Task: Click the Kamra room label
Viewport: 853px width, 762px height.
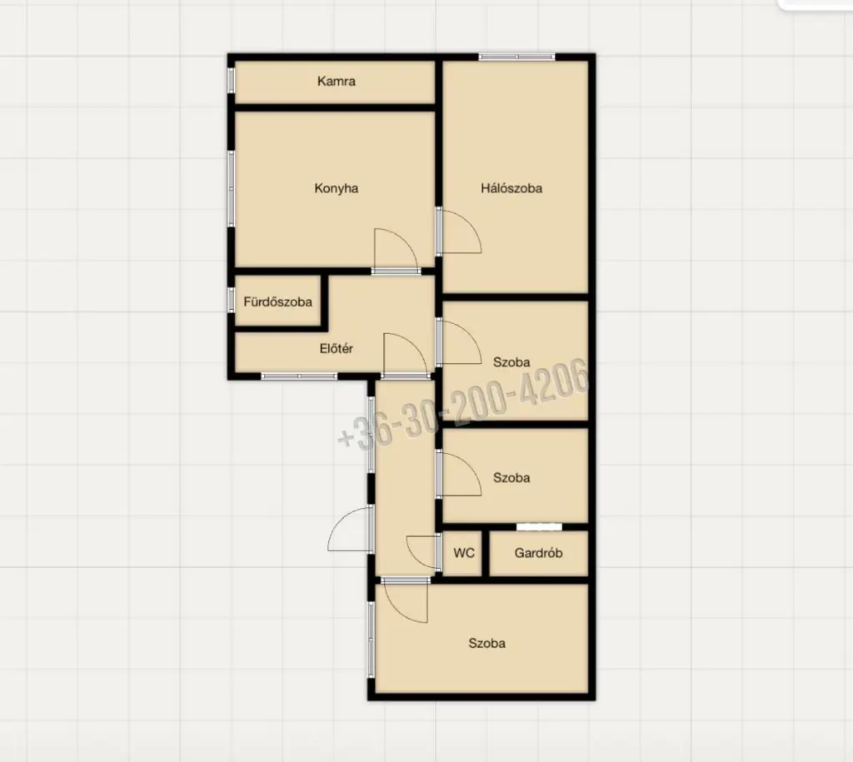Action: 337,81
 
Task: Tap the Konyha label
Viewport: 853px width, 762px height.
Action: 337,188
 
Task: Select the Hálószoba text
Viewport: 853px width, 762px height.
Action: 511,188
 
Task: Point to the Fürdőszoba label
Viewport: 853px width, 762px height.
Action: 277,301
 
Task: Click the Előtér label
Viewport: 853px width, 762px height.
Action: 337,349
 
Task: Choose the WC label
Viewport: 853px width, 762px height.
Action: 464,553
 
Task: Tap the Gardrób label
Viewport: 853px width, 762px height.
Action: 539,553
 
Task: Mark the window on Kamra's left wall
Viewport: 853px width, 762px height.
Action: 232,80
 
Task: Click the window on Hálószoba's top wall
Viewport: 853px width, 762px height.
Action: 516,57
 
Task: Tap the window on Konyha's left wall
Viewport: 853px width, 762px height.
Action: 232,188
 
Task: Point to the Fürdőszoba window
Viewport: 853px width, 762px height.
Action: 232,300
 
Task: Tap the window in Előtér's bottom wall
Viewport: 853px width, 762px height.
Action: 299,376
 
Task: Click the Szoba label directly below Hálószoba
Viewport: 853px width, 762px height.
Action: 511,362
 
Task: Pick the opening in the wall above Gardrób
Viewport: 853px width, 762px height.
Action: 539,526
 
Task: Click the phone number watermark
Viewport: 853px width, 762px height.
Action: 463,405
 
